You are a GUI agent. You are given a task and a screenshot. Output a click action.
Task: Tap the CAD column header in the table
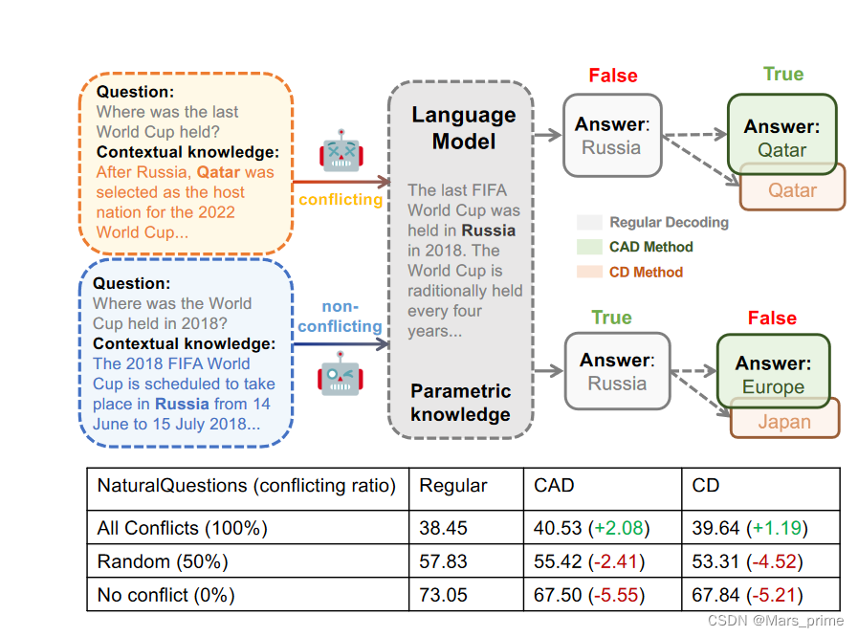(554, 486)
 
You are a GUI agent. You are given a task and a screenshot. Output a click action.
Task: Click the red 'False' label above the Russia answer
(612, 76)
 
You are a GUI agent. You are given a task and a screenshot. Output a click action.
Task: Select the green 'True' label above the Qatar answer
(783, 75)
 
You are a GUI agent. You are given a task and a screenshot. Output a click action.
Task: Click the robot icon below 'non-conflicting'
(340, 373)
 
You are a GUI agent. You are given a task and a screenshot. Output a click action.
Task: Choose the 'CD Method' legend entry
(646, 272)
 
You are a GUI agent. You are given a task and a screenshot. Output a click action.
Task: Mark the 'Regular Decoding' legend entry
(668, 222)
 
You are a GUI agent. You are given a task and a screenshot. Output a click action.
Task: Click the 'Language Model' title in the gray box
(464, 128)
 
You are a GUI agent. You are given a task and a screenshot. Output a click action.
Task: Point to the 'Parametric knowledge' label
(460, 403)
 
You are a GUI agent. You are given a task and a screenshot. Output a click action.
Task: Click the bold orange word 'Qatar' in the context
(218, 172)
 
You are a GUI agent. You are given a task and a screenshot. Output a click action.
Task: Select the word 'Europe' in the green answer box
(773, 387)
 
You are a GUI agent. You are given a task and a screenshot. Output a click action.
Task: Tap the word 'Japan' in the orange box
(783, 422)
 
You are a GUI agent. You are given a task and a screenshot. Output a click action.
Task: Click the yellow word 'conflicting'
(341, 200)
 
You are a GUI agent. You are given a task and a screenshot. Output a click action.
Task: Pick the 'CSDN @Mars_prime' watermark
(776, 621)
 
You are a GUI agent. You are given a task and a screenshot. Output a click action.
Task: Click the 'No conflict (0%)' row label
(165, 595)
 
